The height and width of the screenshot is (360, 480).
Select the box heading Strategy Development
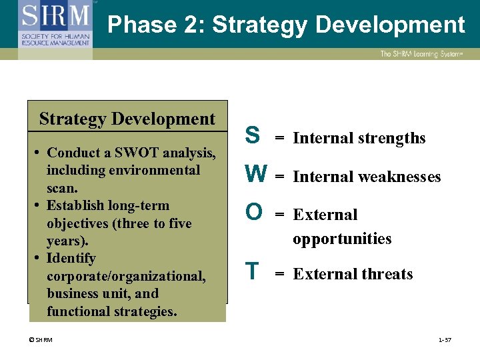127,119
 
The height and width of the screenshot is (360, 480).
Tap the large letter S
253,135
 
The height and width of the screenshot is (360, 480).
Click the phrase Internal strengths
359,138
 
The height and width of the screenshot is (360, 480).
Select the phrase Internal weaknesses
367,177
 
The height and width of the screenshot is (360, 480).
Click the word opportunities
342,239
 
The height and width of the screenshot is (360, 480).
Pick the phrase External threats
353,274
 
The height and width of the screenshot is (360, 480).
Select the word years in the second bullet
65,241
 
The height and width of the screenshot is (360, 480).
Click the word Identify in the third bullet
71,258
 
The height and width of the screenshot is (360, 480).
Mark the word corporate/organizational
126,275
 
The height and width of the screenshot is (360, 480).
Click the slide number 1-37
445,340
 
